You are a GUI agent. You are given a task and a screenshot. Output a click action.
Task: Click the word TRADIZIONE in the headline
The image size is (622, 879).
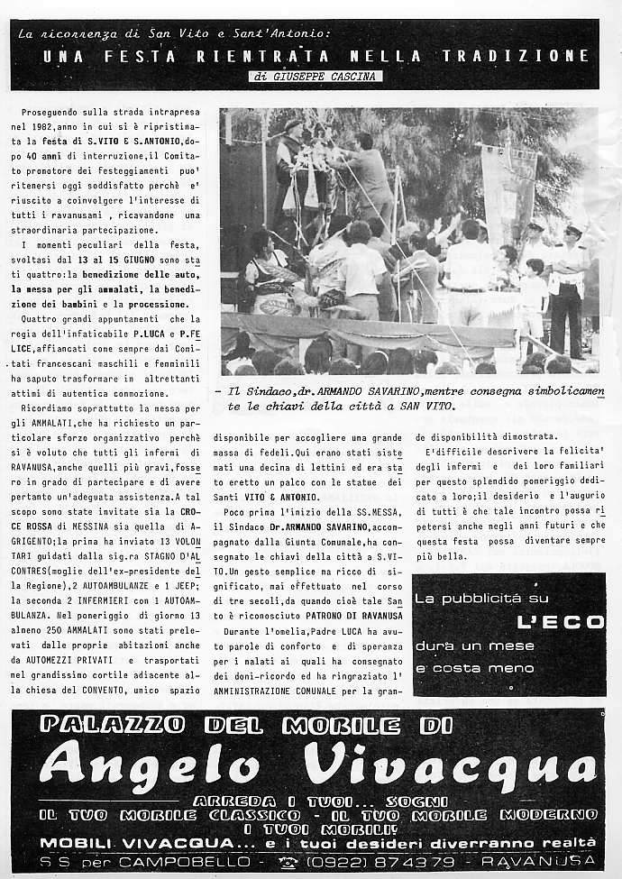pyautogui.click(x=516, y=56)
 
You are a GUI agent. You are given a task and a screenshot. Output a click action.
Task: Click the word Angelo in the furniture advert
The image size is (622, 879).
pyautogui.click(x=150, y=765)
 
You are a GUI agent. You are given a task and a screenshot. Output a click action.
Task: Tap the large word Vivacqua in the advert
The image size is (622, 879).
pyautogui.click(x=451, y=765)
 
